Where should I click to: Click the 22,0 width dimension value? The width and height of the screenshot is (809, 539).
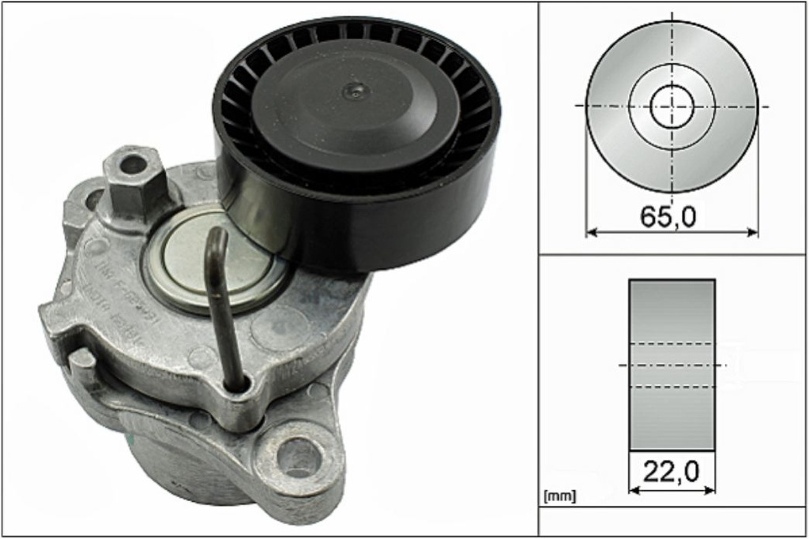pyautogui.click(x=671, y=472)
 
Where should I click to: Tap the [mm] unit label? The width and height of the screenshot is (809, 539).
pyautogui.click(x=560, y=496)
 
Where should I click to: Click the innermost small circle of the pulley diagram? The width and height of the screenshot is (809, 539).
pyautogui.click(x=672, y=106)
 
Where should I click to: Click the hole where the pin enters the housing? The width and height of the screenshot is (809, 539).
pyautogui.click(x=237, y=385)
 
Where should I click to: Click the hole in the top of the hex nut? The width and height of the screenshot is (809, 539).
pyautogui.click(x=133, y=165)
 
